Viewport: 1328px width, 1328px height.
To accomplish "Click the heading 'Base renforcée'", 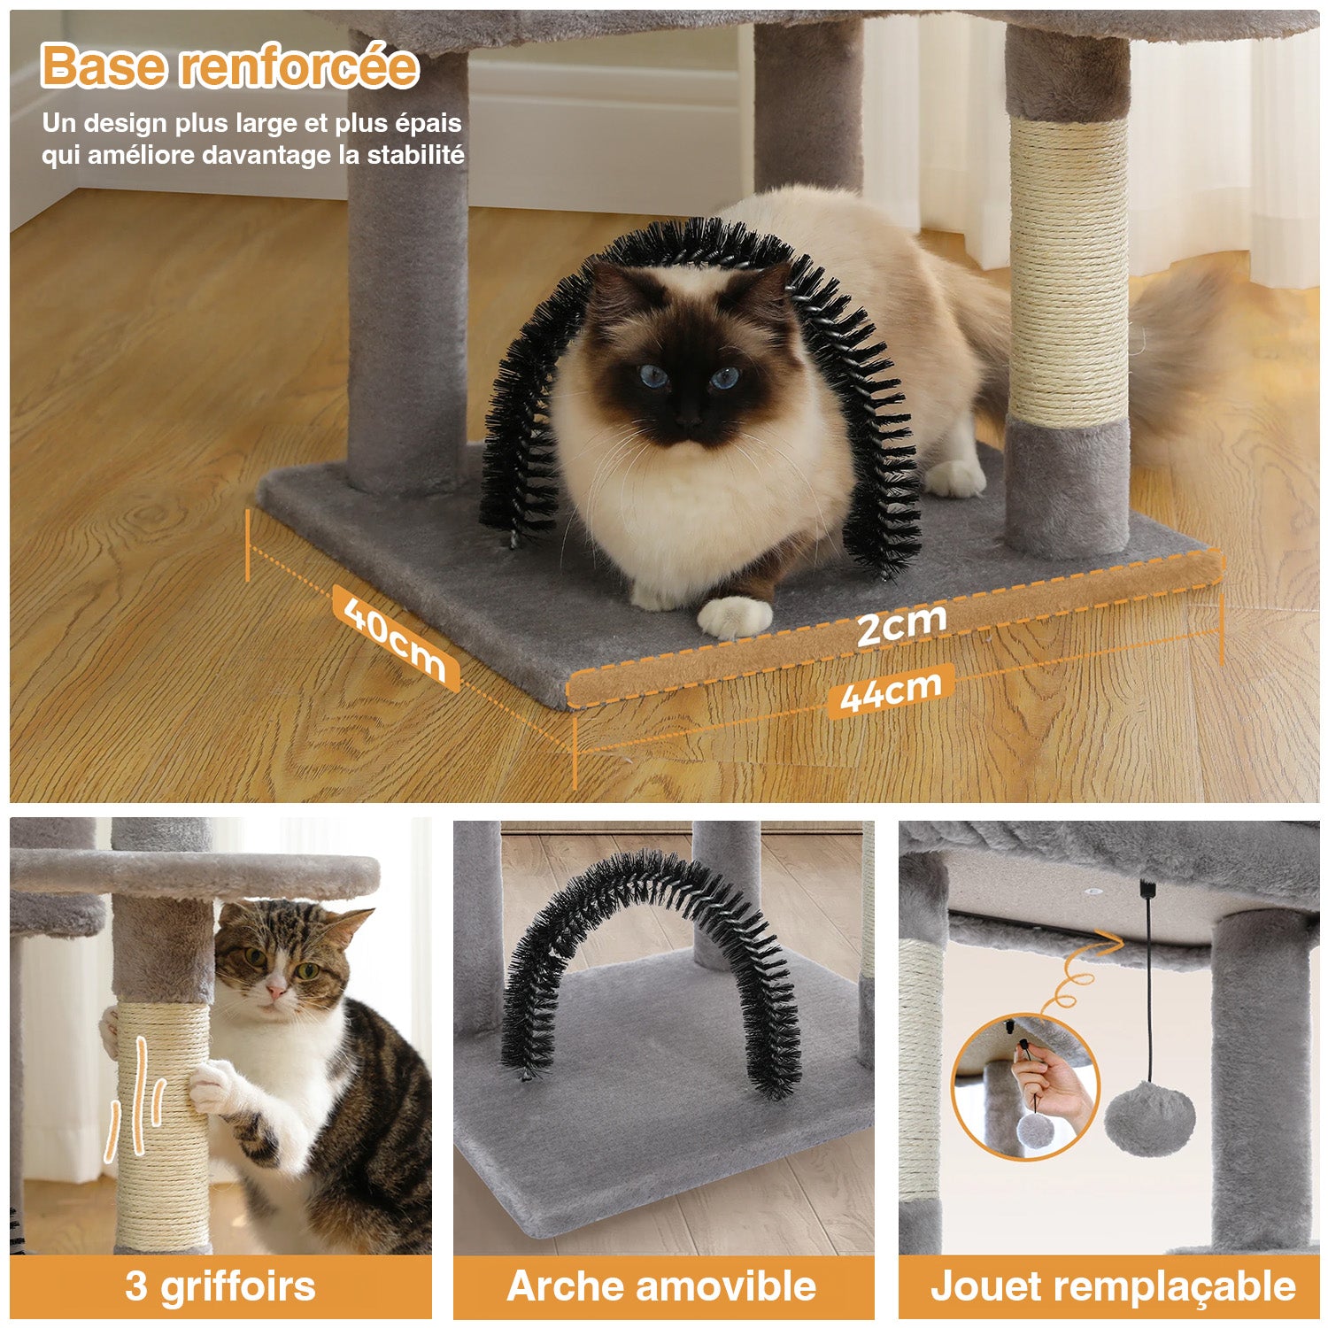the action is pos(229,66).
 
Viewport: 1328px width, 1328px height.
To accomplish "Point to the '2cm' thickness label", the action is pos(901,624).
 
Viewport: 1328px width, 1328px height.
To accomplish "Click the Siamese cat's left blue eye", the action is pos(654,377).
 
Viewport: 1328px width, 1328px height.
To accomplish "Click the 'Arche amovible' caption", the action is pos(661,1286).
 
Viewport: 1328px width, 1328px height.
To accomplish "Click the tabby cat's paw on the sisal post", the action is pos(214,1087).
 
